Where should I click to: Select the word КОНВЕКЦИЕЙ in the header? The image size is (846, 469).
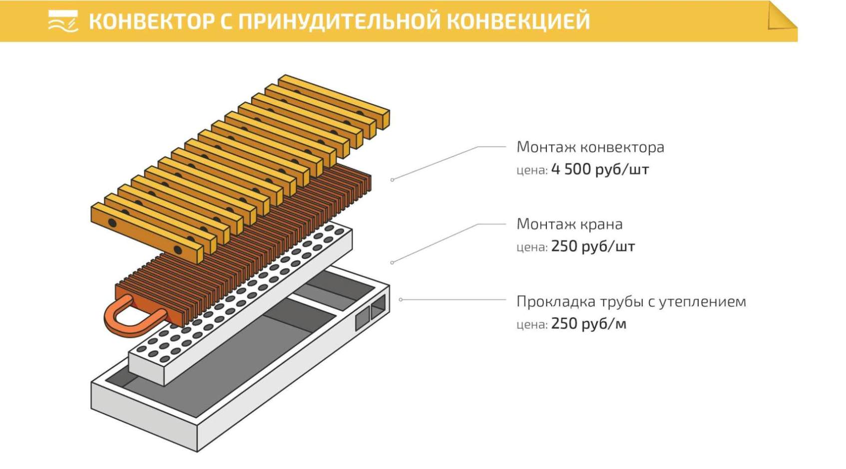click(518, 21)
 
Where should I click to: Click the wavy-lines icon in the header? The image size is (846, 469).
click(63, 21)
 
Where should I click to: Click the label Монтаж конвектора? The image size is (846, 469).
click(590, 147)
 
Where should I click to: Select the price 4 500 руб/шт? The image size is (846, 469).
click(600, 170)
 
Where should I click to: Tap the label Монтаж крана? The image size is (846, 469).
click(569, 224)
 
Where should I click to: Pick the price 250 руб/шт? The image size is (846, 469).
click(593, 246)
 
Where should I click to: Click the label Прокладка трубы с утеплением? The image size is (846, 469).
click(631, 301)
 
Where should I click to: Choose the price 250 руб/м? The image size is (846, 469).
click(588, 324)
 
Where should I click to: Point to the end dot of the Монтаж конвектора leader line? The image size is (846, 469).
click(393, 180)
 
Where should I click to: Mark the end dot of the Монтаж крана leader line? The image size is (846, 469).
click(393, 262)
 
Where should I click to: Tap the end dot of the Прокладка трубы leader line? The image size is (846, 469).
click(401, 299)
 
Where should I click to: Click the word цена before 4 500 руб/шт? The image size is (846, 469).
click(531, 170)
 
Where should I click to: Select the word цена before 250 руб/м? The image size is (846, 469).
click(531, 324)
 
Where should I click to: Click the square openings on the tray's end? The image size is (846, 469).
click(371, 312)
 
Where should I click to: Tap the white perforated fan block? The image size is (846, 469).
click(240, 304)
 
